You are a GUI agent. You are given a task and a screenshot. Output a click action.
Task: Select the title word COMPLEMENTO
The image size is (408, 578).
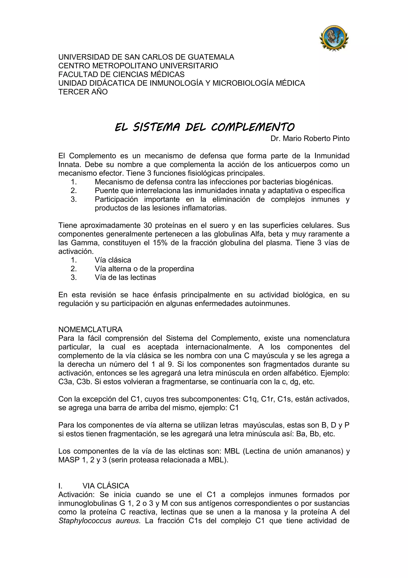coord(252,127)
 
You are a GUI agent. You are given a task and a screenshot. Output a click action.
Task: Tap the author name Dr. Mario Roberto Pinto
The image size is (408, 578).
coord(310,139)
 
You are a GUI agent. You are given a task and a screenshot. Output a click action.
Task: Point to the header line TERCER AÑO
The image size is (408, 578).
coord(83,92)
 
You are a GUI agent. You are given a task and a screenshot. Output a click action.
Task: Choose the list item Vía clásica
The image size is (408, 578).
coord(113,260)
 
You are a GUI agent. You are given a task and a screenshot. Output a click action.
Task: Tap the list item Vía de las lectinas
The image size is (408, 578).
coord(125,277)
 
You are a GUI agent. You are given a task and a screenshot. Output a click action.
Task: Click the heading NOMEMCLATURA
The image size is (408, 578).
coord(90,329)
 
